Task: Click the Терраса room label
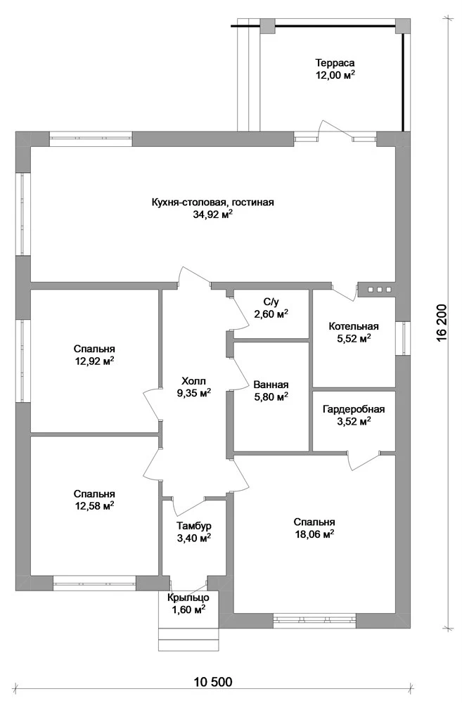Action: coord(335,63)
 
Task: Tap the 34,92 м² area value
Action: coord(212,214)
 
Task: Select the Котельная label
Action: coord(354,326)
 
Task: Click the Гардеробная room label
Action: coord(354,409)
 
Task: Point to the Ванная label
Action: coord(271,385)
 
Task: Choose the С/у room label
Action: coord(271,302)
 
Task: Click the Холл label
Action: coord(194,382)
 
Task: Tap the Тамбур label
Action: coord(194,526)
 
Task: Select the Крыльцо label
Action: coord(188,598)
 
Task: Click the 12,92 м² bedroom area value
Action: coord(94,361)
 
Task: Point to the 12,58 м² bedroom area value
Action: coord(94,506)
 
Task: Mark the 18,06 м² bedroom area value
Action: coord(314,534)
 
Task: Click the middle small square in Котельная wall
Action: coord(380,290)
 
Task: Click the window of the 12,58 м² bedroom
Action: coord(95,583)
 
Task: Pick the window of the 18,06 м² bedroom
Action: coord(314,620)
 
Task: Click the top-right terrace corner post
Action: coord(403,25)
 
